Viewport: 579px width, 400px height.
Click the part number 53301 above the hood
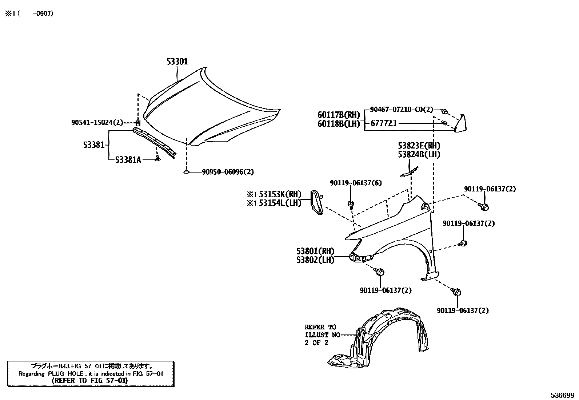(x=177, y=62)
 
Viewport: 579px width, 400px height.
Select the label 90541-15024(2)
(x=97, y=123)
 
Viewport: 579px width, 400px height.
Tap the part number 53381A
(x=128, y=159)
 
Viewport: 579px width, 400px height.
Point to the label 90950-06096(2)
(x=228, y=172)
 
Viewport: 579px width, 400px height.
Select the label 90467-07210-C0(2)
(x=401, y=110)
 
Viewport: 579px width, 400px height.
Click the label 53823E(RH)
(x=419, y=146)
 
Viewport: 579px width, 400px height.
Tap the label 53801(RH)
(x=315, y=251)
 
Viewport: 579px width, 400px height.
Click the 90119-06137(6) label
(x=356, y=183)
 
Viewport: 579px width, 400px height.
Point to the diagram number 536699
(x=562, y=395)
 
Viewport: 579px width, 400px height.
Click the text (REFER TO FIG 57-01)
(x=89, y=381)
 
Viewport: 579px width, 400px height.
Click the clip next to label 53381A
(x=157, y=158)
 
